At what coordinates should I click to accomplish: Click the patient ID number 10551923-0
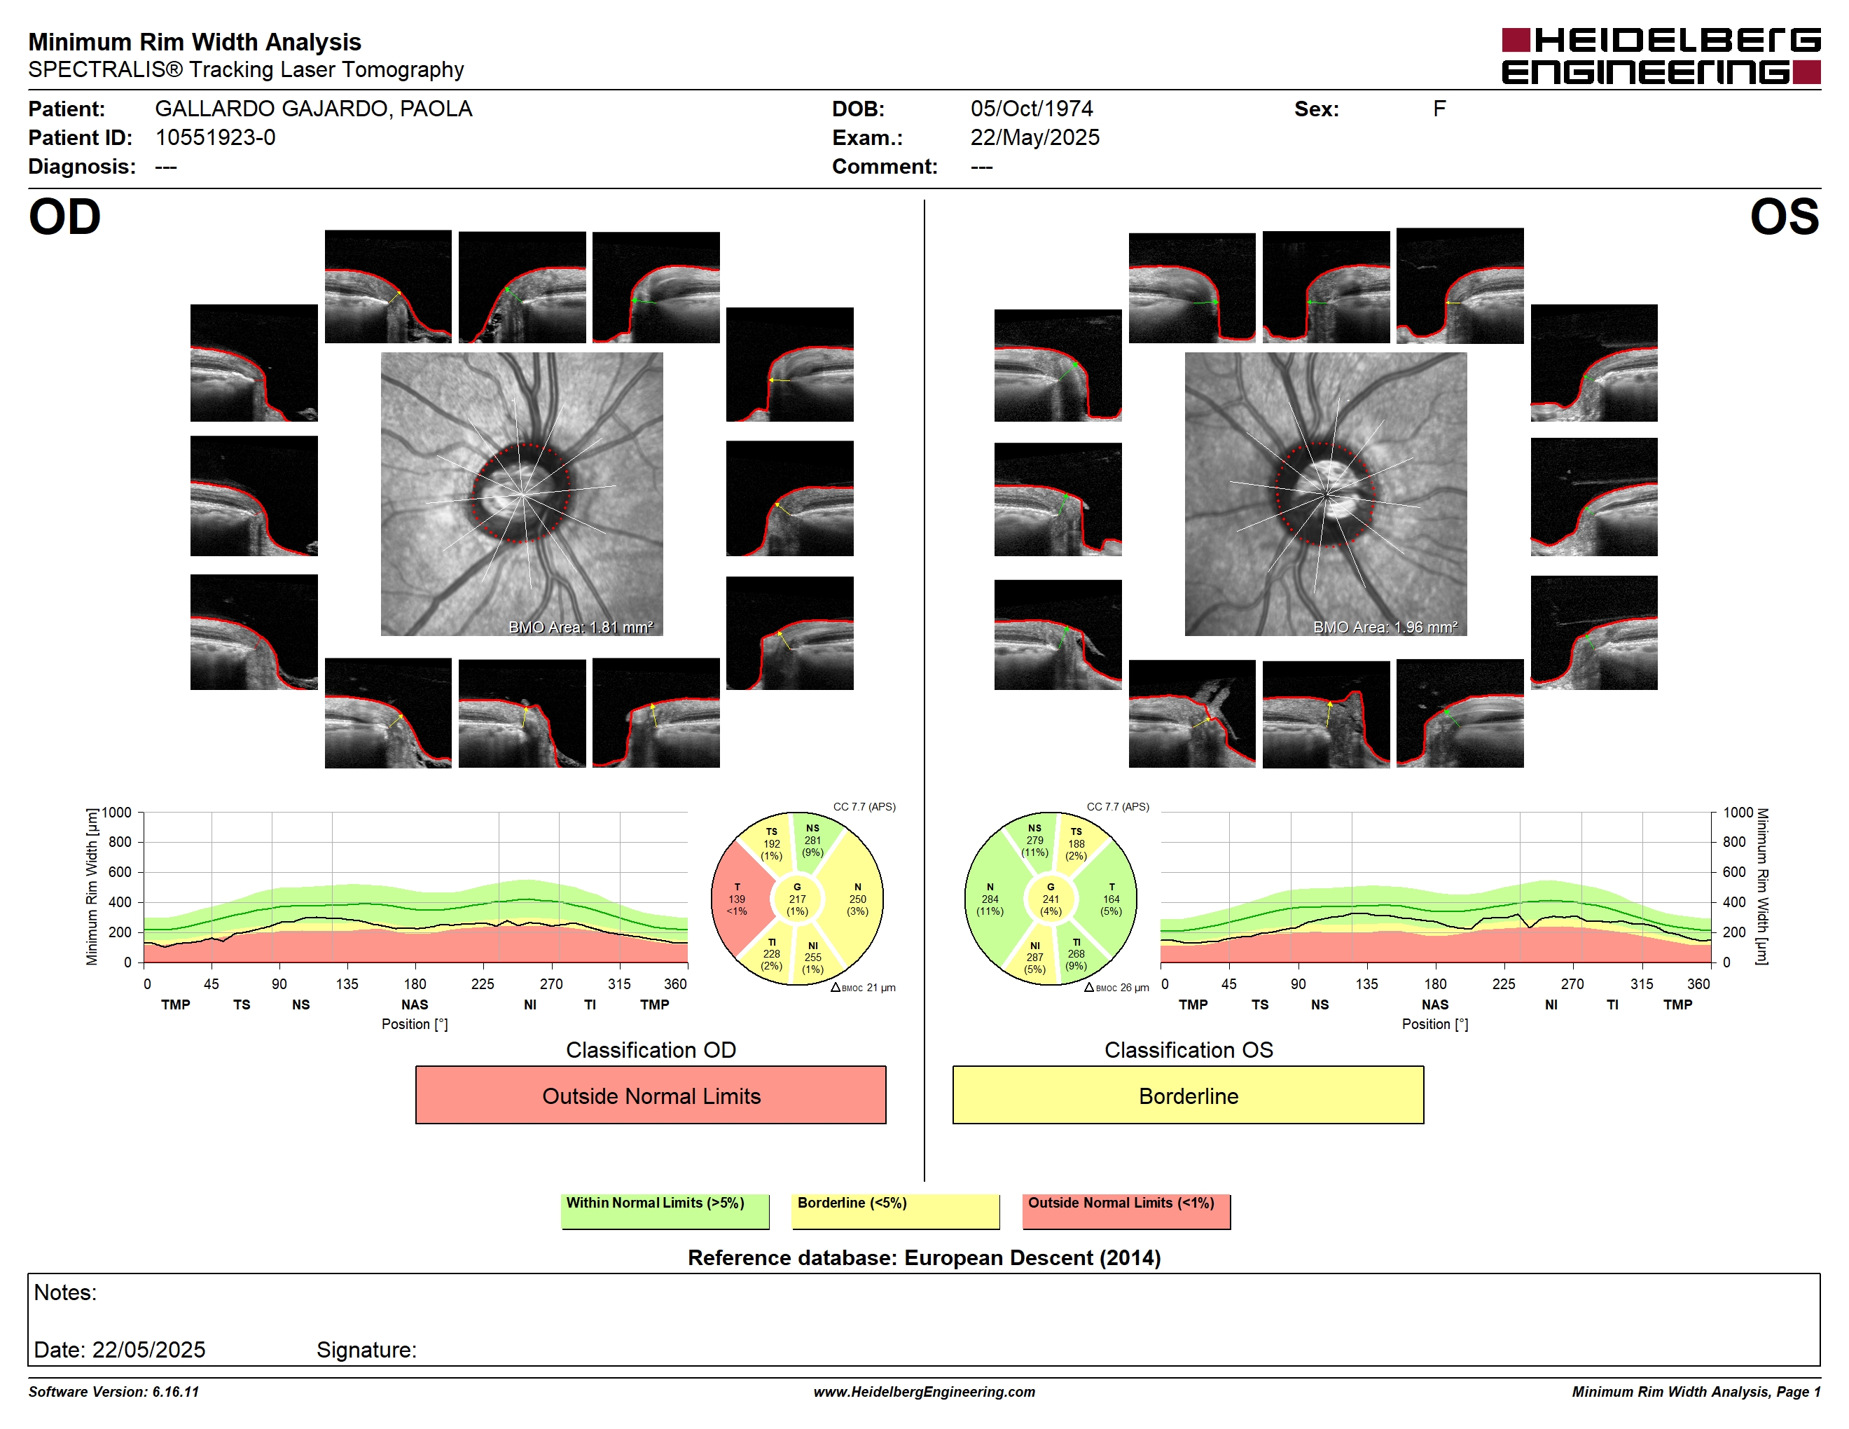215,137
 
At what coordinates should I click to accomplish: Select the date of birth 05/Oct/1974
1031,109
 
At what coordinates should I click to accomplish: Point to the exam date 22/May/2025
1034,137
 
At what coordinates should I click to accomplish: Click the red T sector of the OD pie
738,899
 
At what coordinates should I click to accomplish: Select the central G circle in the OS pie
1051,899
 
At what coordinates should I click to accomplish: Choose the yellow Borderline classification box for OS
1188,1095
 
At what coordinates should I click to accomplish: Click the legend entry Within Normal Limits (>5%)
665,1210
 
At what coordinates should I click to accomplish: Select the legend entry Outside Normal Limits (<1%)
1126,1210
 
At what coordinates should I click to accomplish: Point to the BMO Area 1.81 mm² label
581,628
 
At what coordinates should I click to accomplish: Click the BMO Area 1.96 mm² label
1385,628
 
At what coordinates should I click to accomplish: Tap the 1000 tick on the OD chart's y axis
117,813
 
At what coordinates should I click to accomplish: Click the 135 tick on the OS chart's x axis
1366,983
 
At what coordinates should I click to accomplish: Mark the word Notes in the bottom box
65,1292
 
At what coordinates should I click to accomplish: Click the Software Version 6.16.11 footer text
113,1392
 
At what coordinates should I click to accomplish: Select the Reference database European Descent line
924,1257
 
